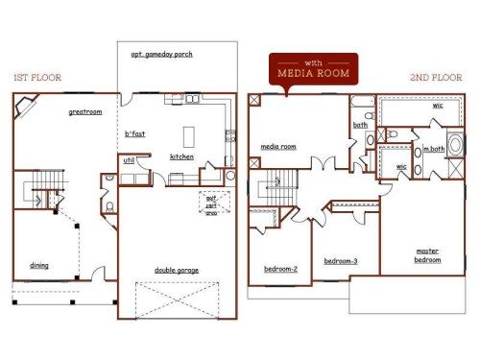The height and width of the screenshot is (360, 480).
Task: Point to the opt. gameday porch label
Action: click(162, 55)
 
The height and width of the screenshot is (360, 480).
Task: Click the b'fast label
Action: click(134, 133)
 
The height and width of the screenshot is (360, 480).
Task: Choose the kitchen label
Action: click(182, 156)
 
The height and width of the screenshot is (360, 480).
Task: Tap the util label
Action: click(128, 161)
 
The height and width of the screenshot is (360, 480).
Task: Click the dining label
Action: click(39, 265)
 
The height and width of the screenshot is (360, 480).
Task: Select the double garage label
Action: click(177, 270)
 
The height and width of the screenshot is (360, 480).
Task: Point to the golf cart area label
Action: click(210, 205)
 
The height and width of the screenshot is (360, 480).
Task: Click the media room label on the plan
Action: click(278, 147)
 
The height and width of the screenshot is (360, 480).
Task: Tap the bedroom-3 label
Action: click(340, 261)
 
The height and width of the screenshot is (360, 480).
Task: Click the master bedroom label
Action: click(427, 255)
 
